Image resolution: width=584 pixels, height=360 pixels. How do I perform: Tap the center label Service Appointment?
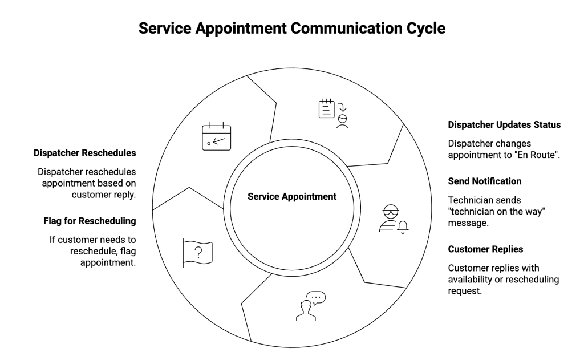click(x=292, y=196)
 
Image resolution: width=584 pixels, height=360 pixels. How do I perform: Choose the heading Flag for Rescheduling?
click(x=91, y=220)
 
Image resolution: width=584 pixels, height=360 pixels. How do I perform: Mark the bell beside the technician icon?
click(x=404, y=226)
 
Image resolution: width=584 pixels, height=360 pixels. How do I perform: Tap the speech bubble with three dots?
click(x=317, y=297)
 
